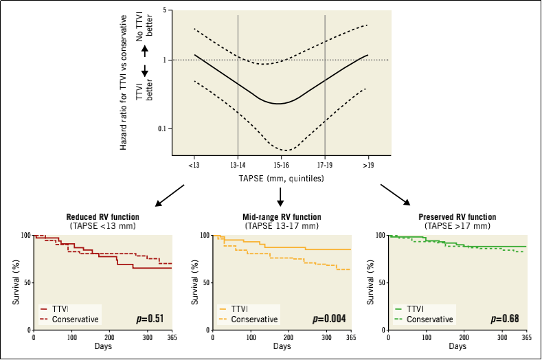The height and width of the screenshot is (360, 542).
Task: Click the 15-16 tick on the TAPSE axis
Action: point(280,165)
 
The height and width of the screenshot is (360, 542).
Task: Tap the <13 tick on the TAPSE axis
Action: point(194,165)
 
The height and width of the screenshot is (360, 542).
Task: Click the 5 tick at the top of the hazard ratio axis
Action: point(164,11)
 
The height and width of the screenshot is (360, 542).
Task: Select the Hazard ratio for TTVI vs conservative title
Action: point(124,85)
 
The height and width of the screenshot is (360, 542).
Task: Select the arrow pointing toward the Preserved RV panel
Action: point(396,194)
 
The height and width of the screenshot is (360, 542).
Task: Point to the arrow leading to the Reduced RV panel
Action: point(170,194)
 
